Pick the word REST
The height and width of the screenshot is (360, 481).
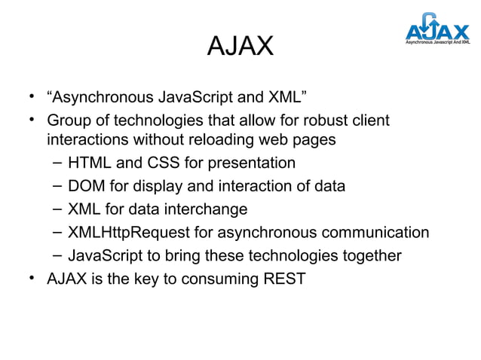tap(283, 279)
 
